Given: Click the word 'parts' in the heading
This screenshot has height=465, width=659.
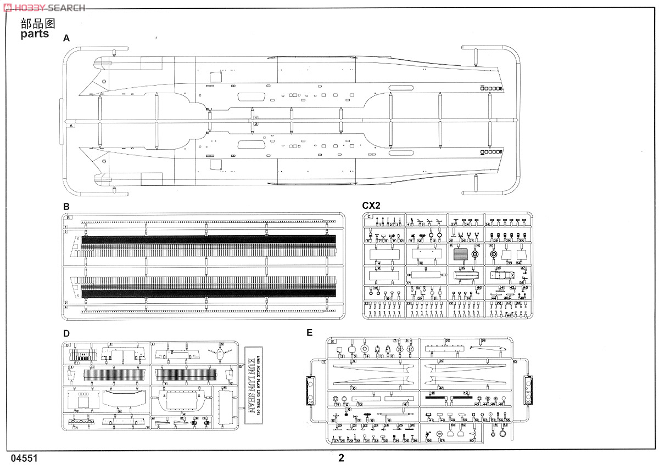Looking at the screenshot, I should [35, 34].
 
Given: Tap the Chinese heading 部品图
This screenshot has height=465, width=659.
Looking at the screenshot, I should [38, 23].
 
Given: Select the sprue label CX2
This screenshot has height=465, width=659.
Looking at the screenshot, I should [371, 206].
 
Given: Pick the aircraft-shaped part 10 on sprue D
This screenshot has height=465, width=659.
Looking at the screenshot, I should [220, 354].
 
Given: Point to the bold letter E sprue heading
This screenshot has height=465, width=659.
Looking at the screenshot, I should [309, 332].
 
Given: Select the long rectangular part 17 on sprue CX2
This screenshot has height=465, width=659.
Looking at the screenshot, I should [423, 274].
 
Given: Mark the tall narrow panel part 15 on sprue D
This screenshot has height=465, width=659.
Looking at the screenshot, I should [224, 406].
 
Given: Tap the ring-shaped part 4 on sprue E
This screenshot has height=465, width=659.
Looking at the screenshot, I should [366, 349].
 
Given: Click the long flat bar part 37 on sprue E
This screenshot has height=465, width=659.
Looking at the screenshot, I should [445, 347].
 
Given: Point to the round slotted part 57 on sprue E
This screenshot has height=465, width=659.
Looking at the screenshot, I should [440, 433].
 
